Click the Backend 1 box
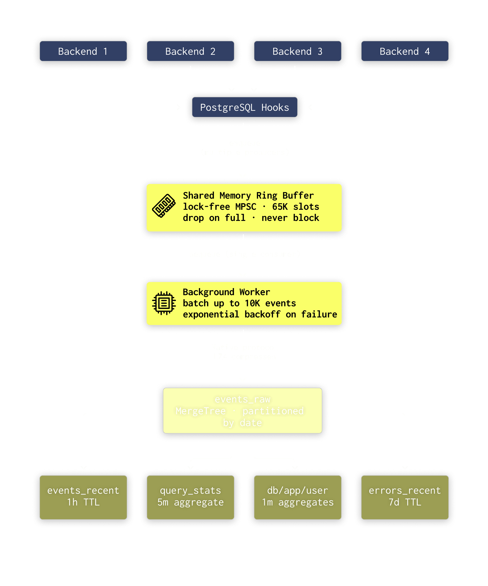coord(83,51)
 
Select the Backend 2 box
coord(190,51)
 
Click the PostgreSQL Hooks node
coord(245,107)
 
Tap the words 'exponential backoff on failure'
coord(260,314)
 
